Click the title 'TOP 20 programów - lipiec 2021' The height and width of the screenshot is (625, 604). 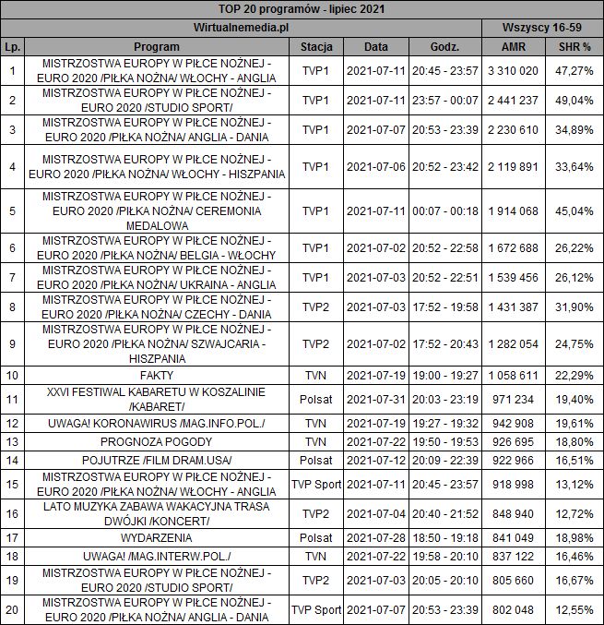[x=302, y=8]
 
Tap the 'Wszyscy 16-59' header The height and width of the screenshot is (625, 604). [x=542, y=27]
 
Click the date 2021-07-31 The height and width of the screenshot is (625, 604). [x=375, y=399]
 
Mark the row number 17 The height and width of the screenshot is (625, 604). [x=11, y=536]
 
